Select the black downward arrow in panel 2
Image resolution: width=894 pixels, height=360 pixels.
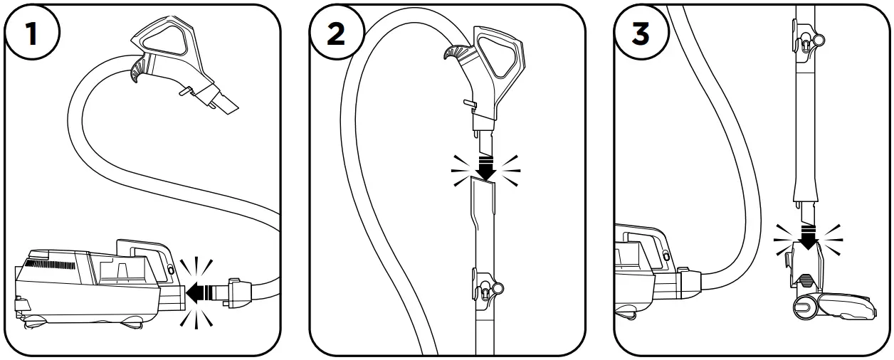[486, 169]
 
